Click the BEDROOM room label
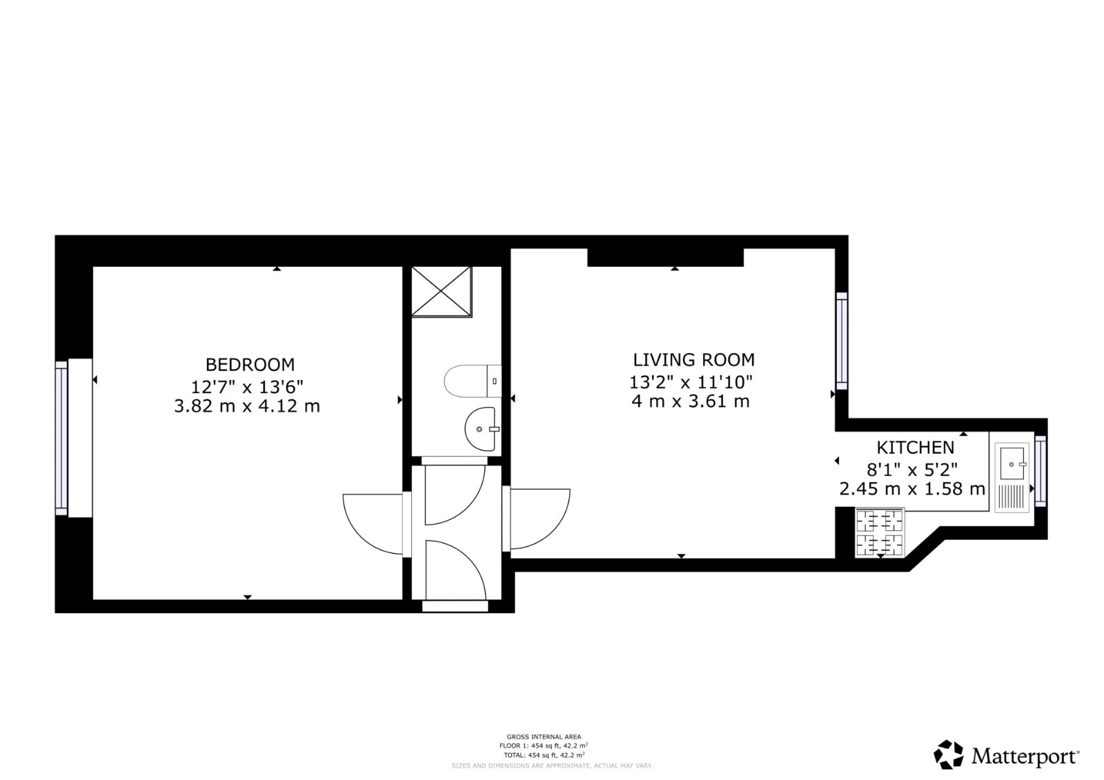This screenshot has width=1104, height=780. [x=250, y=365]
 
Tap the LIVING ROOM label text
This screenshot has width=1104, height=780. [x=693, y=360]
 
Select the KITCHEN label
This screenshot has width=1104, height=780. [x=915, y=448]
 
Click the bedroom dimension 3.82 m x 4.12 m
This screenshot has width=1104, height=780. [x=247, y=406]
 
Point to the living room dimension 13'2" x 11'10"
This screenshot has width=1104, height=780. [x=691, y=382]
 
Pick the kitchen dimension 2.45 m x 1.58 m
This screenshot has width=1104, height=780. [x=912, y=489]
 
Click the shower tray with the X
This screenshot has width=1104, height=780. [x=442, y=292]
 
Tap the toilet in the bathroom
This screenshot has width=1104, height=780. [x=473, y=381]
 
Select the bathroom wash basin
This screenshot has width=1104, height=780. [x=480, y=429]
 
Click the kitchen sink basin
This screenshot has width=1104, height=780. [x=1012, y=463]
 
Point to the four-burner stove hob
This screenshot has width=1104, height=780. [x=880, y=532]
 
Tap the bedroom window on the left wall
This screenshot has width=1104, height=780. [x=61, y=438]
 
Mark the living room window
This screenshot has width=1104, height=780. [x=842, y=341]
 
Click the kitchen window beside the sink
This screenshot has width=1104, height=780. [x=1041, y=471]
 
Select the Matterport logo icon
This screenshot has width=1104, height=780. [x=949, y=754]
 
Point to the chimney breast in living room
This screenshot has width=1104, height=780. [x=665, y=258]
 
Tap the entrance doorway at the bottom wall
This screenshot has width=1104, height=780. [x=455, y=606]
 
